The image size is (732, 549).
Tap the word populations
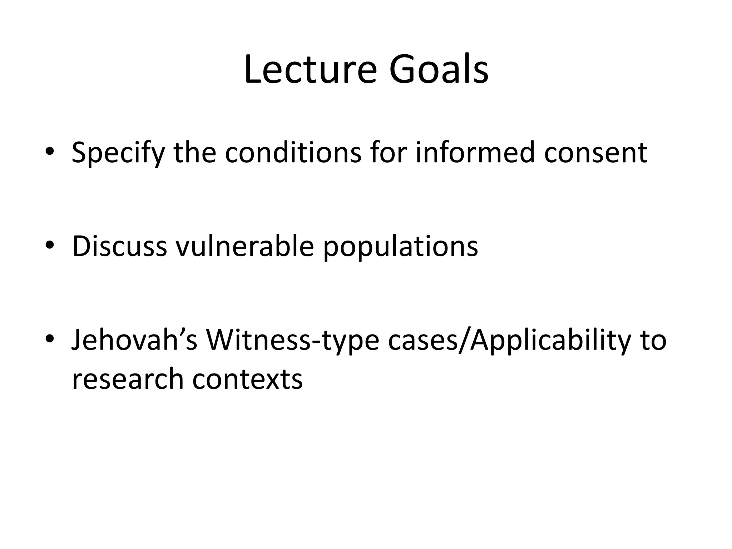click(x=400, y=247)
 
